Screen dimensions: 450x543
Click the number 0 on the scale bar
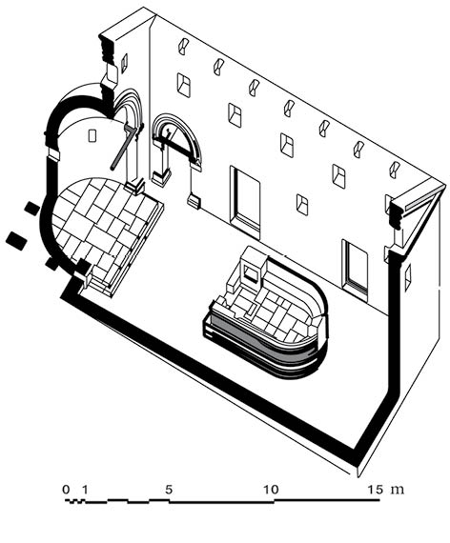pyautogui.click(x=66, y=490)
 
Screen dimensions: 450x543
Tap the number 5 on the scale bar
pyautogui.click(x=169, y=490)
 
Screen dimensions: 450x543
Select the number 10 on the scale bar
pyautogui.click(x=271, y=490)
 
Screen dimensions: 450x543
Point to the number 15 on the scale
pyautogui.click(x=376, y=490)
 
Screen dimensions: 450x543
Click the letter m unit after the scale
pyautogui.click(x=398, y=490)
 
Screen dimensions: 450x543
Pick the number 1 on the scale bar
pyautogui.click(x=84, y=490)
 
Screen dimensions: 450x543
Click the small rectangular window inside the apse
pyautogui.click(x=92, y=135)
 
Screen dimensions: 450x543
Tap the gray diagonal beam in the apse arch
pyautogui.click(x=123, y=148)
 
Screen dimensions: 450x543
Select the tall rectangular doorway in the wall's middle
pyautogui.click(x=245, y=202)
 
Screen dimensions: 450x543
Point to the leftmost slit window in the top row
pyautogui.click(x=183, y=46)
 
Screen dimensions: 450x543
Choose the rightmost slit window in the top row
pyautogui.click(x=395, y=170)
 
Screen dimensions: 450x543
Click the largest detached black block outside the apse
pyautogui.click(x=16, y=240)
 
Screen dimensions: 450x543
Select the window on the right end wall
pyautogui.click(x=408, y=276)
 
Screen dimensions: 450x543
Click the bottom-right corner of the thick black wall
pyautogui.click(x=358, y=465)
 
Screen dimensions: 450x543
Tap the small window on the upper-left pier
pyautogui.click(x=124, y=64)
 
